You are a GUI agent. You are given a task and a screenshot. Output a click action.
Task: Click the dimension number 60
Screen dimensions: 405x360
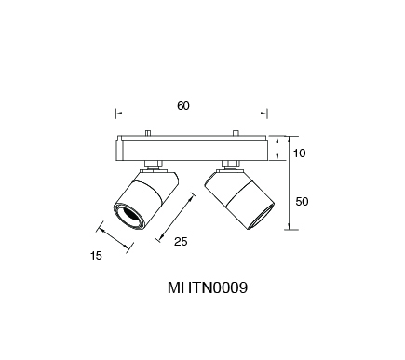tap(183, 106)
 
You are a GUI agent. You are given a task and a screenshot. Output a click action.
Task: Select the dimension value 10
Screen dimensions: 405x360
tap(299, 153)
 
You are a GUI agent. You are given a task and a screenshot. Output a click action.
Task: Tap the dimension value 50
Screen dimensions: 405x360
tap(302, 202)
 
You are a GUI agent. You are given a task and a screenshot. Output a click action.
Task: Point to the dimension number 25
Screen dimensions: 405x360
tap(181, 241)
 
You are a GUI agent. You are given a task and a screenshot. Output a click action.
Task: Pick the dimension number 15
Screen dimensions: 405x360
tap(96, 256)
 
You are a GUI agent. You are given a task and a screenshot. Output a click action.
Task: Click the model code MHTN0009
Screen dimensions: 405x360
tap(208, 287)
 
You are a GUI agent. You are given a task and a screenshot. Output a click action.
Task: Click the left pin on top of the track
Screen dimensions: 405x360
tap(148, 133)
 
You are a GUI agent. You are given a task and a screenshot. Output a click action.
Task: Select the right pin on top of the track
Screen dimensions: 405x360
tap(236, 133)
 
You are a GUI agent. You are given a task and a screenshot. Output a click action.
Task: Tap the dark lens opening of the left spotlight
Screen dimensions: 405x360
tap(130, 216)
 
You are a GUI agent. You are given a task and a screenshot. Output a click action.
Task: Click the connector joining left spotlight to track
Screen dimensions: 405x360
tap(154, 165)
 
